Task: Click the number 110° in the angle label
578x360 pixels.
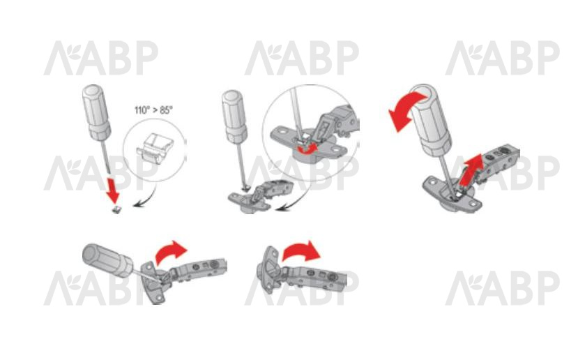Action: [142, 110]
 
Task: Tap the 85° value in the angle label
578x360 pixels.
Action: [166, 110]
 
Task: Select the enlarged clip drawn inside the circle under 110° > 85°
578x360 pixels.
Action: [155, 149]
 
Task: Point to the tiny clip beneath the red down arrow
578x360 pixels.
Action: [116, 210]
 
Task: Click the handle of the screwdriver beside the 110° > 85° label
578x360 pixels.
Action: [97, 112]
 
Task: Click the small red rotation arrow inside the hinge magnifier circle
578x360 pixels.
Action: [307, 149]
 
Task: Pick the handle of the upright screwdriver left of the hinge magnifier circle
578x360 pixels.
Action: [234, 117]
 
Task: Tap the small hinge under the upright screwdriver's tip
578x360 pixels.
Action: [260, 196]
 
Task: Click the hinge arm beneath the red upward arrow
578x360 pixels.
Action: [499, 163]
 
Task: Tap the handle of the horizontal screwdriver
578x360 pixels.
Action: [107, 260]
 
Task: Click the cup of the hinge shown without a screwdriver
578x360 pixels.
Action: [268, 270]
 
